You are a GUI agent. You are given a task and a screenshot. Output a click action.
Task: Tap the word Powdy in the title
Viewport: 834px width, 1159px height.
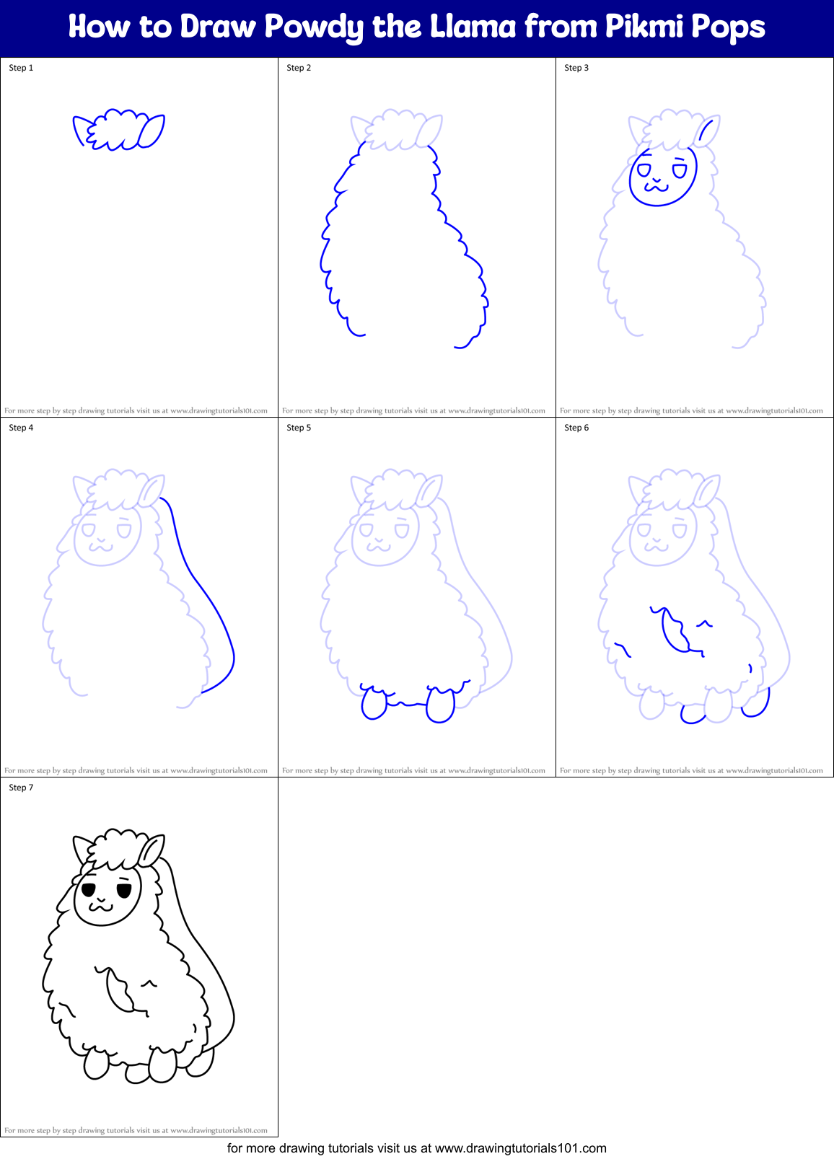pos(314,27)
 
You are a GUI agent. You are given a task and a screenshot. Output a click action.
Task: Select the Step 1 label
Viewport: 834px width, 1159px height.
pos(21,68)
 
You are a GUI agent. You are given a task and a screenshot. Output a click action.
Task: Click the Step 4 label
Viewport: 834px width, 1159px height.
pos(21,428)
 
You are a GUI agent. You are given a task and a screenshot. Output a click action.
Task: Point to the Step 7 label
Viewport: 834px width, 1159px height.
pos(21,788)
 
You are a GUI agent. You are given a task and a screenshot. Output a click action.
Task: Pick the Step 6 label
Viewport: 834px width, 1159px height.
pos(576,428)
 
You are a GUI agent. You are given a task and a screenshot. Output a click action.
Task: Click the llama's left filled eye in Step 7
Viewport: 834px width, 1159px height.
pos(89,889)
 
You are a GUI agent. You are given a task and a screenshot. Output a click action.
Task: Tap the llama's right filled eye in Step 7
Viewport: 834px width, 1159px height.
pos(123,891)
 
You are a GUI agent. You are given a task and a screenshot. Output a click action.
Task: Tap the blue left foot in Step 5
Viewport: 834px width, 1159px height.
pos(374,704)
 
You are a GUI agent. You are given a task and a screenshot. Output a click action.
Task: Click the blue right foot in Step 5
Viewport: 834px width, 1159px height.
pos(440,705)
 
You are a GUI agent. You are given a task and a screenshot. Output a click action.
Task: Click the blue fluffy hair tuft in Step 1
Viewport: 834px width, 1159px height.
pos(117,129)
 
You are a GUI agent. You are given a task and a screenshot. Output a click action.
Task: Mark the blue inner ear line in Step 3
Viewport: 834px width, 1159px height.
pos(707,132)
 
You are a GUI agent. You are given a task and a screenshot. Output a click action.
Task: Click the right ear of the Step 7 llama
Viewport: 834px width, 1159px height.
pos(152,852)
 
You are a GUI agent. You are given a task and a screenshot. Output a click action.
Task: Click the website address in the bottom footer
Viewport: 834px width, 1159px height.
pos(521,1147)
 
